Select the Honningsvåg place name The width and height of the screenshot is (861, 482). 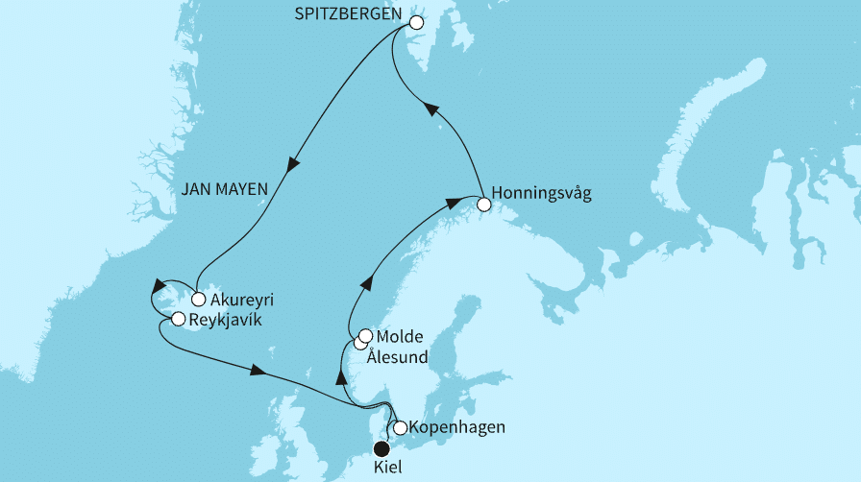tap(540, 193)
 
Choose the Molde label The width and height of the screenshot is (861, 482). tap(399, 337)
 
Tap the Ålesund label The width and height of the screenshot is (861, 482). tap(397, 357)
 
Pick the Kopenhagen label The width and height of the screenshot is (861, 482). tap(456, 427)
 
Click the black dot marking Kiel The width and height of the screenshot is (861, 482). tap(381, 448)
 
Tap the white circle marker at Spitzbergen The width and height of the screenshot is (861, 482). tap(416, 22)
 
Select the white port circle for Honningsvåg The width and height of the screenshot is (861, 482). tap(484, 203)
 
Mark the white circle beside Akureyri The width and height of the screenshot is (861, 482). tap(199, 299)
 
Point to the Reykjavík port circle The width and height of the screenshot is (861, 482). tap(179, 319)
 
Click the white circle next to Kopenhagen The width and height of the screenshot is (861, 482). tap(401, 427)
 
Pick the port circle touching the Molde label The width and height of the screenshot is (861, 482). tap(365, 336)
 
